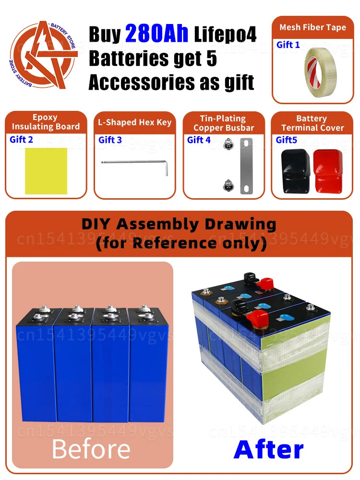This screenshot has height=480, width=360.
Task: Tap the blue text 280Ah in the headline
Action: tap(158, 35)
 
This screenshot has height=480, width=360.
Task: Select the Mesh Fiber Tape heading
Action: tap(312, 27)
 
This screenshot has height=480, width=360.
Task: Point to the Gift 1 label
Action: tap(288, 45)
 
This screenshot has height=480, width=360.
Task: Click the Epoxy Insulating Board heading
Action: tap(46, 122)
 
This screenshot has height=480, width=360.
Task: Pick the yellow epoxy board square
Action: tap(46, 171)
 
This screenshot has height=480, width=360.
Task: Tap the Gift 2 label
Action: tap(22, 140)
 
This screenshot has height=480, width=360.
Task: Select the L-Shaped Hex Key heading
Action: tap(134, 122)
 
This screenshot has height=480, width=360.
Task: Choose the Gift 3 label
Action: tap(110, 140)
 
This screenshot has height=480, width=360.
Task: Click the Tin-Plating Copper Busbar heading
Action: tap(224, 123)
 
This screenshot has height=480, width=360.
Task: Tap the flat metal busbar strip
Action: tap(247, 166)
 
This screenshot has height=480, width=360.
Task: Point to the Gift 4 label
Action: tap(199, 140)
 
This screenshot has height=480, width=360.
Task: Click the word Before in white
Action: tap(91, 449)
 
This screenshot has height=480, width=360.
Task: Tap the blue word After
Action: tap(268, 449)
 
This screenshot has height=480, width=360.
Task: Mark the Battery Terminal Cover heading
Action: tap(312, 123)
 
